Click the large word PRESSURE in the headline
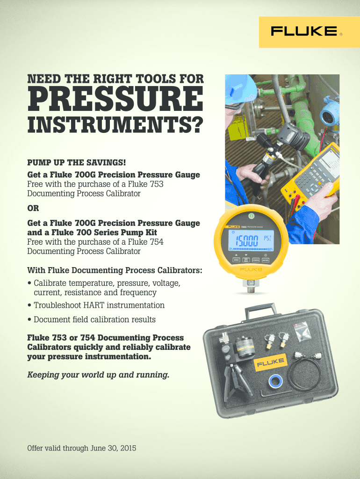[115, 99]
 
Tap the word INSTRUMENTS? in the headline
[115, 124]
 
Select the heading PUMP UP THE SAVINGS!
[77, 162]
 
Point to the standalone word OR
[33, 208]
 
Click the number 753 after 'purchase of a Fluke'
[157, 184]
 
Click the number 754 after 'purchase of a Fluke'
[157, 242]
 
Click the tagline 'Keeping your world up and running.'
[98, 375]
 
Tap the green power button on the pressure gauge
[251, 215]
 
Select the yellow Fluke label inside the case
[270, 363]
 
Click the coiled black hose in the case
[306, 371]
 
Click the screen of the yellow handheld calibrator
[330, 159]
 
